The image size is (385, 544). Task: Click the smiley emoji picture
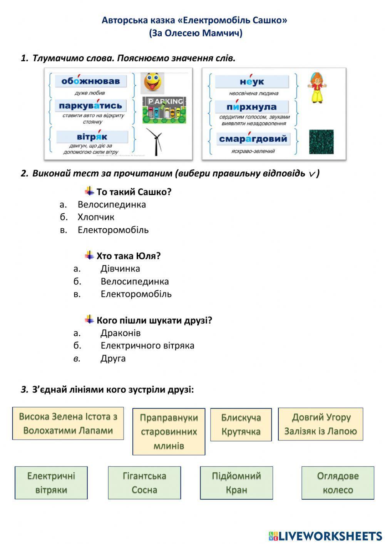(x=152, y=83)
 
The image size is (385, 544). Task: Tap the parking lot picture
(x=164, y=110)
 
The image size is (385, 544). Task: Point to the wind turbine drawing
(x=155, y=142)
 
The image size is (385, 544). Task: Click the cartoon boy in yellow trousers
(x=317, y=88)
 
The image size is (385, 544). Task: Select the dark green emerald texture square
(x=321, y=142)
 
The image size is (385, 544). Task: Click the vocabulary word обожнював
(x=91, y=81)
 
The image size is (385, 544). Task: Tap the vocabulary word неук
(x=252, y=82)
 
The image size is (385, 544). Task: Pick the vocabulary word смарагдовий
(x=253, y=139)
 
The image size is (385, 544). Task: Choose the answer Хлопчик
(x=96, y=217)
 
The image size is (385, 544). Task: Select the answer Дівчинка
(x=120, y=269)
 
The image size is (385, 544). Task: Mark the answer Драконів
(x=121, y=333)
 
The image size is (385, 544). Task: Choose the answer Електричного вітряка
(x=147, y=346)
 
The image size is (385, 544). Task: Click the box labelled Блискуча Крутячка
(x=241, y=425)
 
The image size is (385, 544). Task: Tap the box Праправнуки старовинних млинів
(x=169, y=432)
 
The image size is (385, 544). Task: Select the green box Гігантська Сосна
(x=144, y=483)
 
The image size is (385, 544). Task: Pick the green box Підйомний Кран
(x=236, y=483)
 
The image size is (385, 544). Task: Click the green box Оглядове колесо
(x=338, y=483)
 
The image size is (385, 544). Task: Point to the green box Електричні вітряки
(x=51, y=483)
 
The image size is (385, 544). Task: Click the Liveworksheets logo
(x=325, y=536)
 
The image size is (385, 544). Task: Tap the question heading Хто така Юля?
(x=128, y=256)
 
